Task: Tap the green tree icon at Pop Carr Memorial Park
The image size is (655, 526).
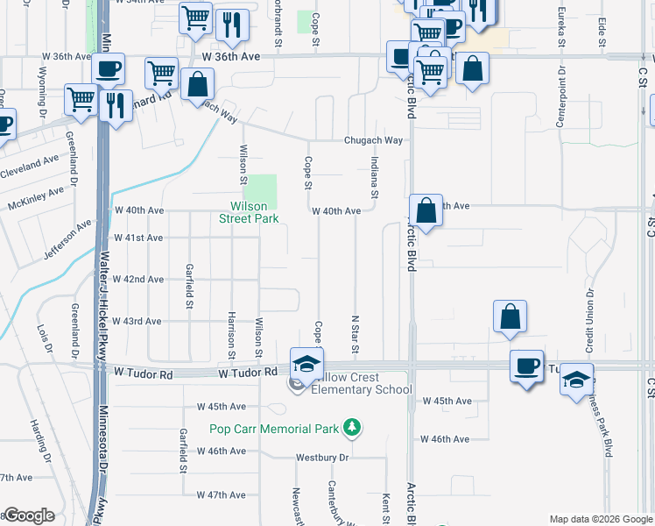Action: click(x=352, y=428)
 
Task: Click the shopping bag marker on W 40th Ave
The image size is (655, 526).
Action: click(x=426, y=212)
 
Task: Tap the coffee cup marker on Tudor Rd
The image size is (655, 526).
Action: click(x=526, y=366)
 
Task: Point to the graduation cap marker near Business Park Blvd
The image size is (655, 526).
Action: click(x=576, y=380)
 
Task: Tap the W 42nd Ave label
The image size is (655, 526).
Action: click(x=139, y=279)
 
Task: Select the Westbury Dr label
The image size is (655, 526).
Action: click(x=321, y=458)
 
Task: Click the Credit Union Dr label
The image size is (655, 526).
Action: click(x=590, y=316)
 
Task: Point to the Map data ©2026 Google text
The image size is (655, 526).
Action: click(x=601, y=519)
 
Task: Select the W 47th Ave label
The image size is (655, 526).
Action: click(x=221, y=495)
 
